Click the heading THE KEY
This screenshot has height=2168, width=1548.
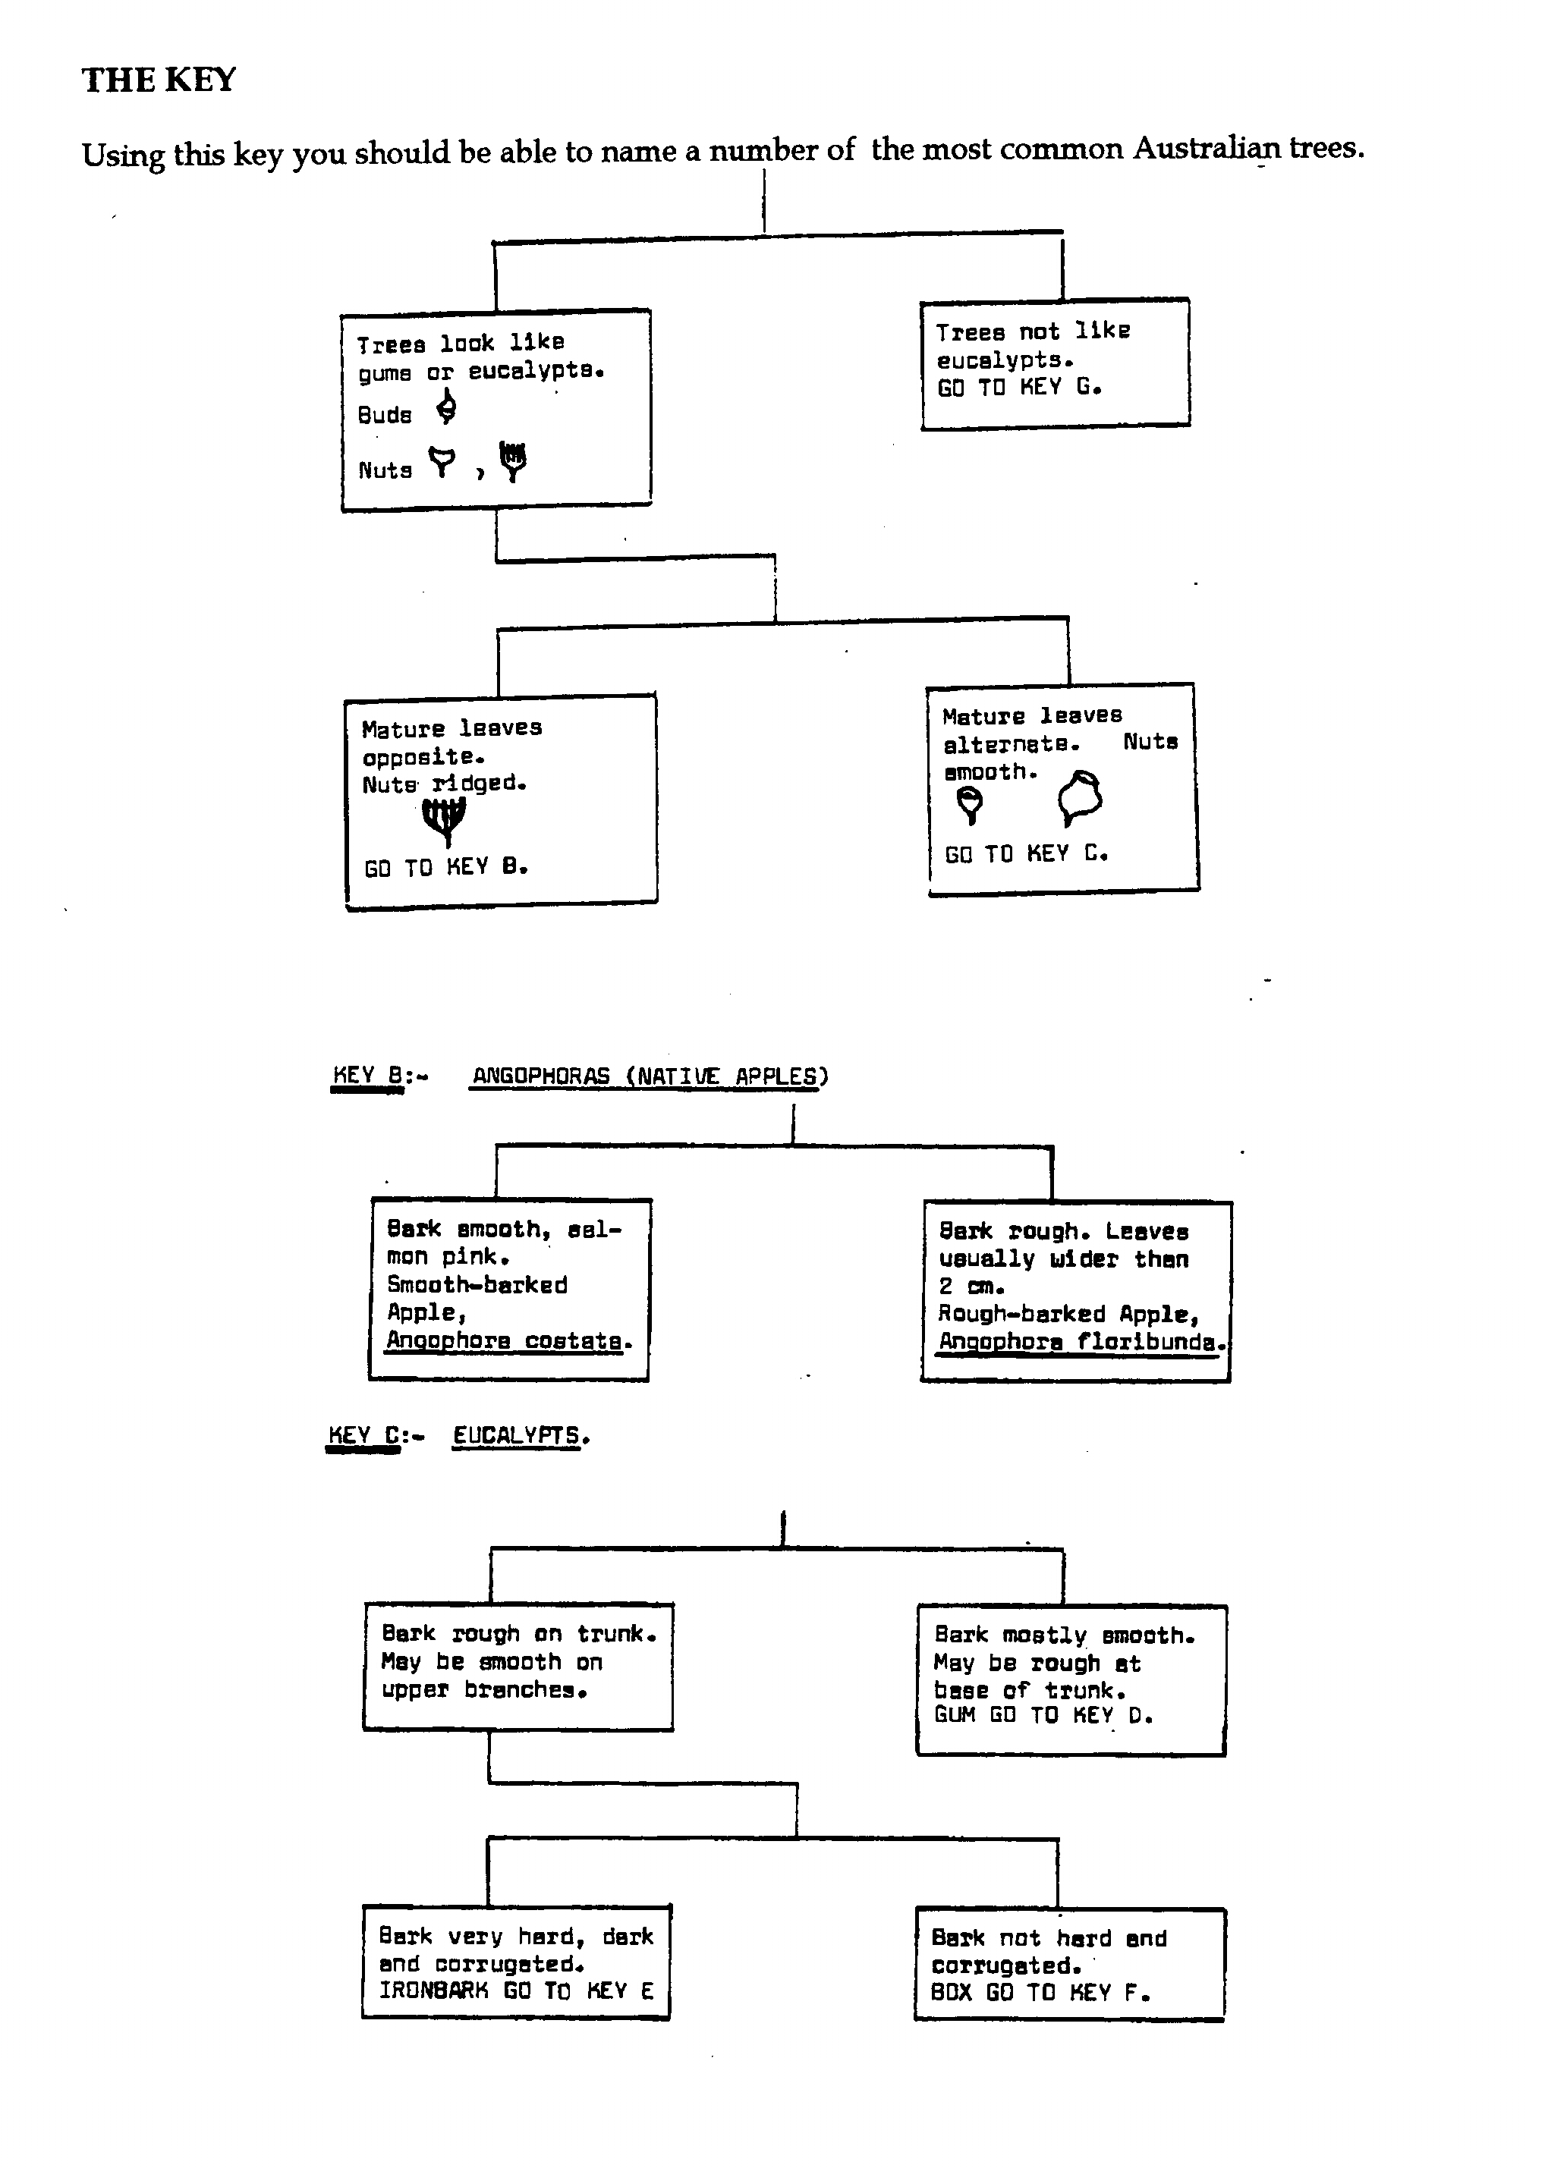pos(159,80)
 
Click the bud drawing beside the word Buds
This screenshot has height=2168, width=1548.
pos(446,409)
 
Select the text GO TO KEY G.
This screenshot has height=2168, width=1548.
pos(1019,387)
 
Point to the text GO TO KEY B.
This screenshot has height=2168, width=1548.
pos(445,867)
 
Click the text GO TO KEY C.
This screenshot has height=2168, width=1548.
pos(1026,854)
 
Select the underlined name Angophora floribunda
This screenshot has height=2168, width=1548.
pos(1081,1342)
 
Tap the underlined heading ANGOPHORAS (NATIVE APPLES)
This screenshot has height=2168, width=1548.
pos(650,1076)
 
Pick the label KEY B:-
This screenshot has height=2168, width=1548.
pos(379,1076)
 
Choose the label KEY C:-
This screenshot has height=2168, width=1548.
pos(376,1436)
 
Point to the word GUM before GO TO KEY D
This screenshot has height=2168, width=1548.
pos(954,1715)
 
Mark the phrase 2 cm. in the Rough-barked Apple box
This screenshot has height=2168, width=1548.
pos(971,1287)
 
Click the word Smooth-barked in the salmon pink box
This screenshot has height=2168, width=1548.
pos(477,1284)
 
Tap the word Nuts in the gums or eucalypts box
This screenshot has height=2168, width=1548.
pos(385,470)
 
